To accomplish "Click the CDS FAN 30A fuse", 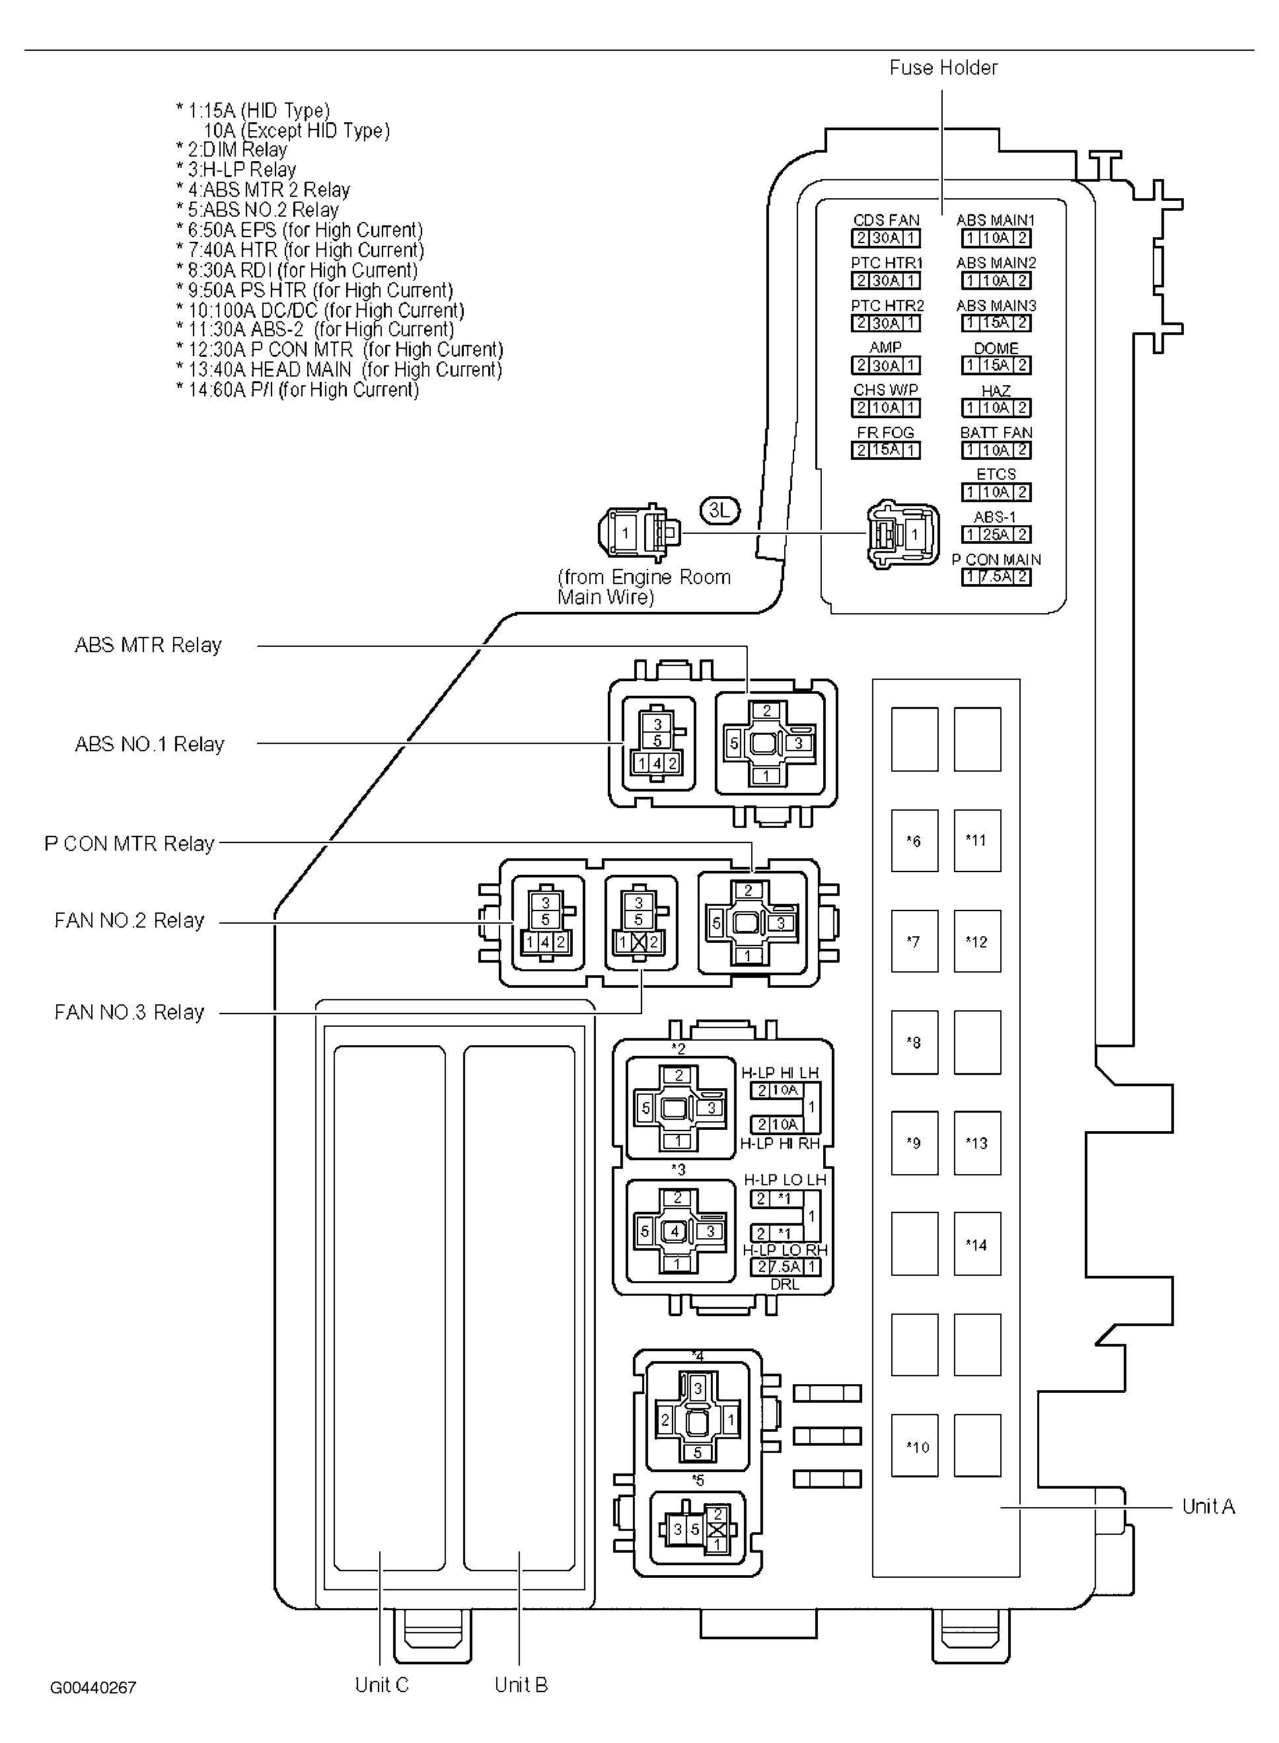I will tap(886, 239).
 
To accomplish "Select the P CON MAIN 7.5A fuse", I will tap(996, 577).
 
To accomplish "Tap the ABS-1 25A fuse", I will tap(996, 535).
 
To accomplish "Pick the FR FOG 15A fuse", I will tap(886, 450).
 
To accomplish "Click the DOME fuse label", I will tap(996, 348).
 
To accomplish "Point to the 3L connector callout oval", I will tap(720, 510).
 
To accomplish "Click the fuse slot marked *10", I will tap(914, 1446).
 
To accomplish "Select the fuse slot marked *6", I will tap(914, 841).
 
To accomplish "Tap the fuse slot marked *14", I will tap(977, 1244).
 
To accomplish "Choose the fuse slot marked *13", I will tap(977, 1143).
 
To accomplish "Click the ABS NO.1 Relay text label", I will tap(149, 744).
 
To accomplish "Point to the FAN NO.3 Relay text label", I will tap(129, 1012).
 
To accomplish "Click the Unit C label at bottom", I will tap(382, 1684).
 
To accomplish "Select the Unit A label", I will tap(1208, 1506).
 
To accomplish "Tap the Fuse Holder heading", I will tap(943, 68).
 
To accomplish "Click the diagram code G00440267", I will tap(93, 1687).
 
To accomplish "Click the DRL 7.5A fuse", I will tap(785, 1267).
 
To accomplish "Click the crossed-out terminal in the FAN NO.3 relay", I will tap(639, 942).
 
